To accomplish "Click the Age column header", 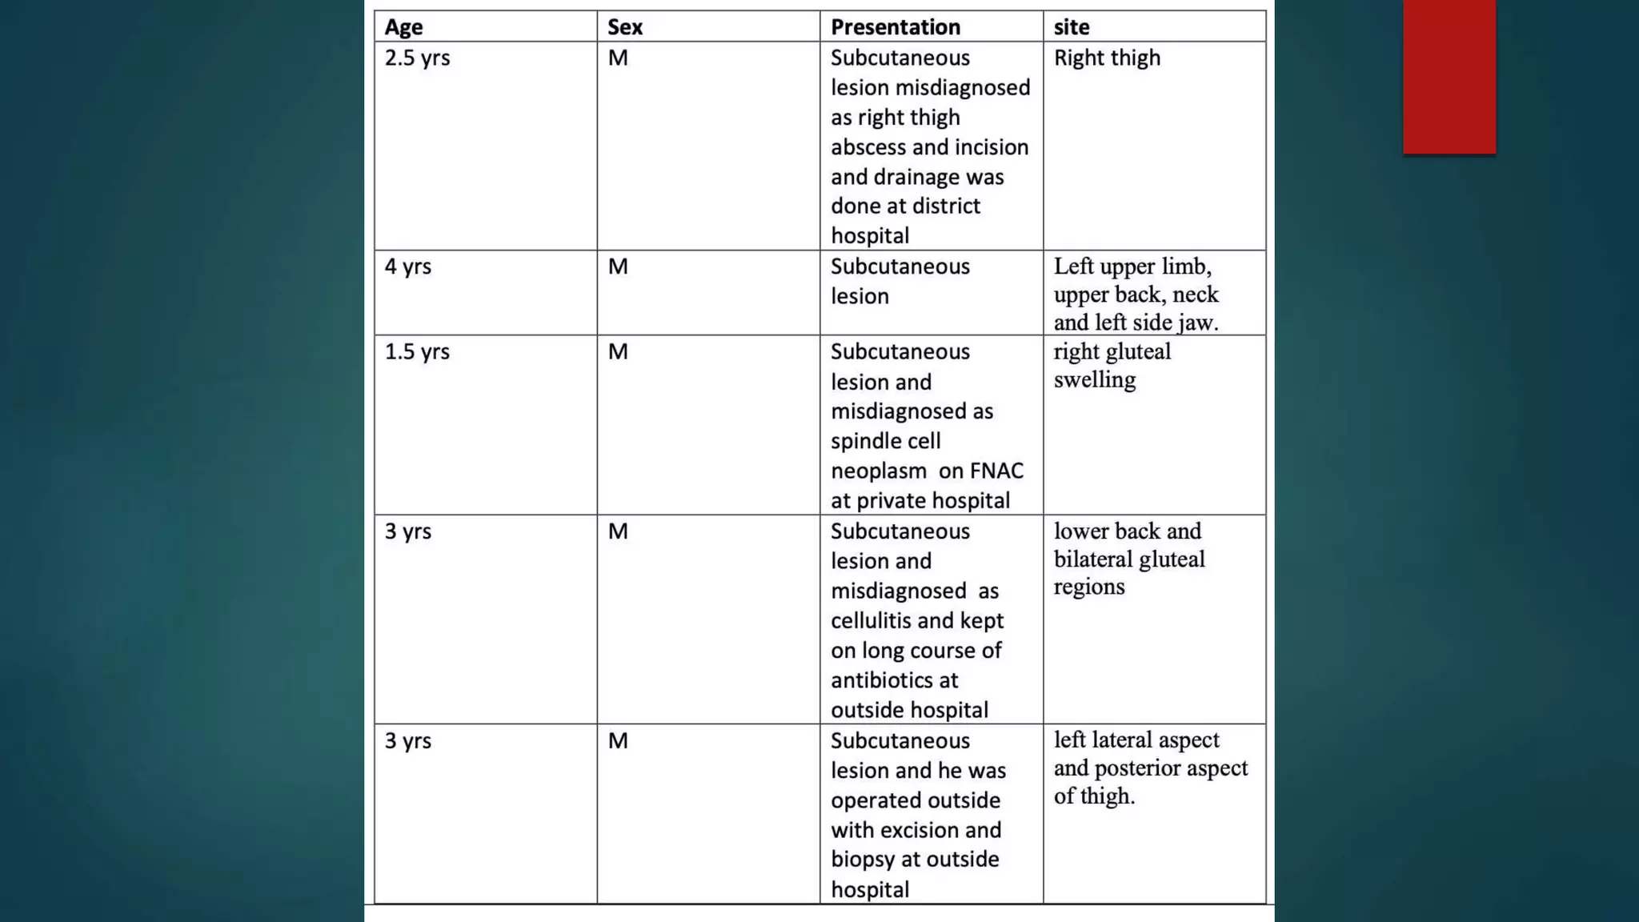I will [403, 27].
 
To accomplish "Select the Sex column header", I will [624, 27].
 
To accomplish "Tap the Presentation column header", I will [895, 27].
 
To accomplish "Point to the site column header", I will [1071, 27].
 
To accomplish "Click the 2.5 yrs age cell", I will [417, 58].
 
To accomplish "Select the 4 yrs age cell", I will [407, 267].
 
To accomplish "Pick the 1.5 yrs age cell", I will [417, 352].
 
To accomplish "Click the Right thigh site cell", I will [1107, 58].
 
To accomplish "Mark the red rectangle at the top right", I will [1449, 76].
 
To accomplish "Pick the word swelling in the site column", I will [1094, 380].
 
